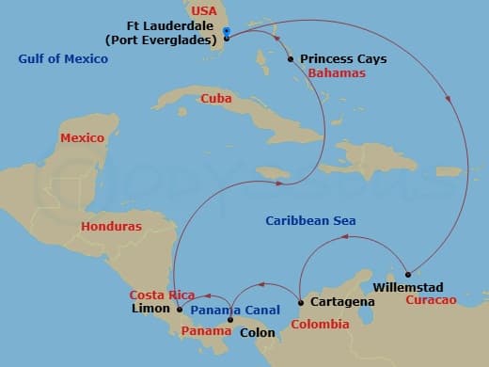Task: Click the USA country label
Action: (204, 11)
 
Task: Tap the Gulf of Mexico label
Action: (63, 59)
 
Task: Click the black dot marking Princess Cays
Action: (291, 59)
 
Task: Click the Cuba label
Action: (216, 98)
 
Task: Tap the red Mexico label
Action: (82, 137)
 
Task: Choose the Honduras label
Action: (111, 227)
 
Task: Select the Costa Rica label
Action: (163, 295)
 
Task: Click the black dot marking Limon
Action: (179, 309)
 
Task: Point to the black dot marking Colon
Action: (231, 320)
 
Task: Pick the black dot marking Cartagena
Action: (300, 303)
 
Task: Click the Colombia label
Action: (320, 325)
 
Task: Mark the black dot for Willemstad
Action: (407, 275)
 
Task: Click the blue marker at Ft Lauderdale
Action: (228, 34)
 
